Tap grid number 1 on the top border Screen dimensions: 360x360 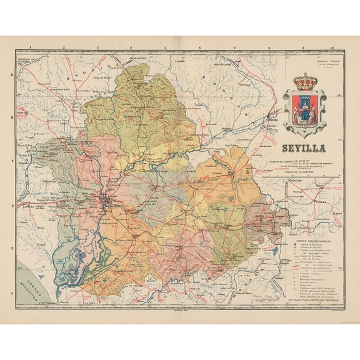30,47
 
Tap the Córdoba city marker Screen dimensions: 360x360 270,117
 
